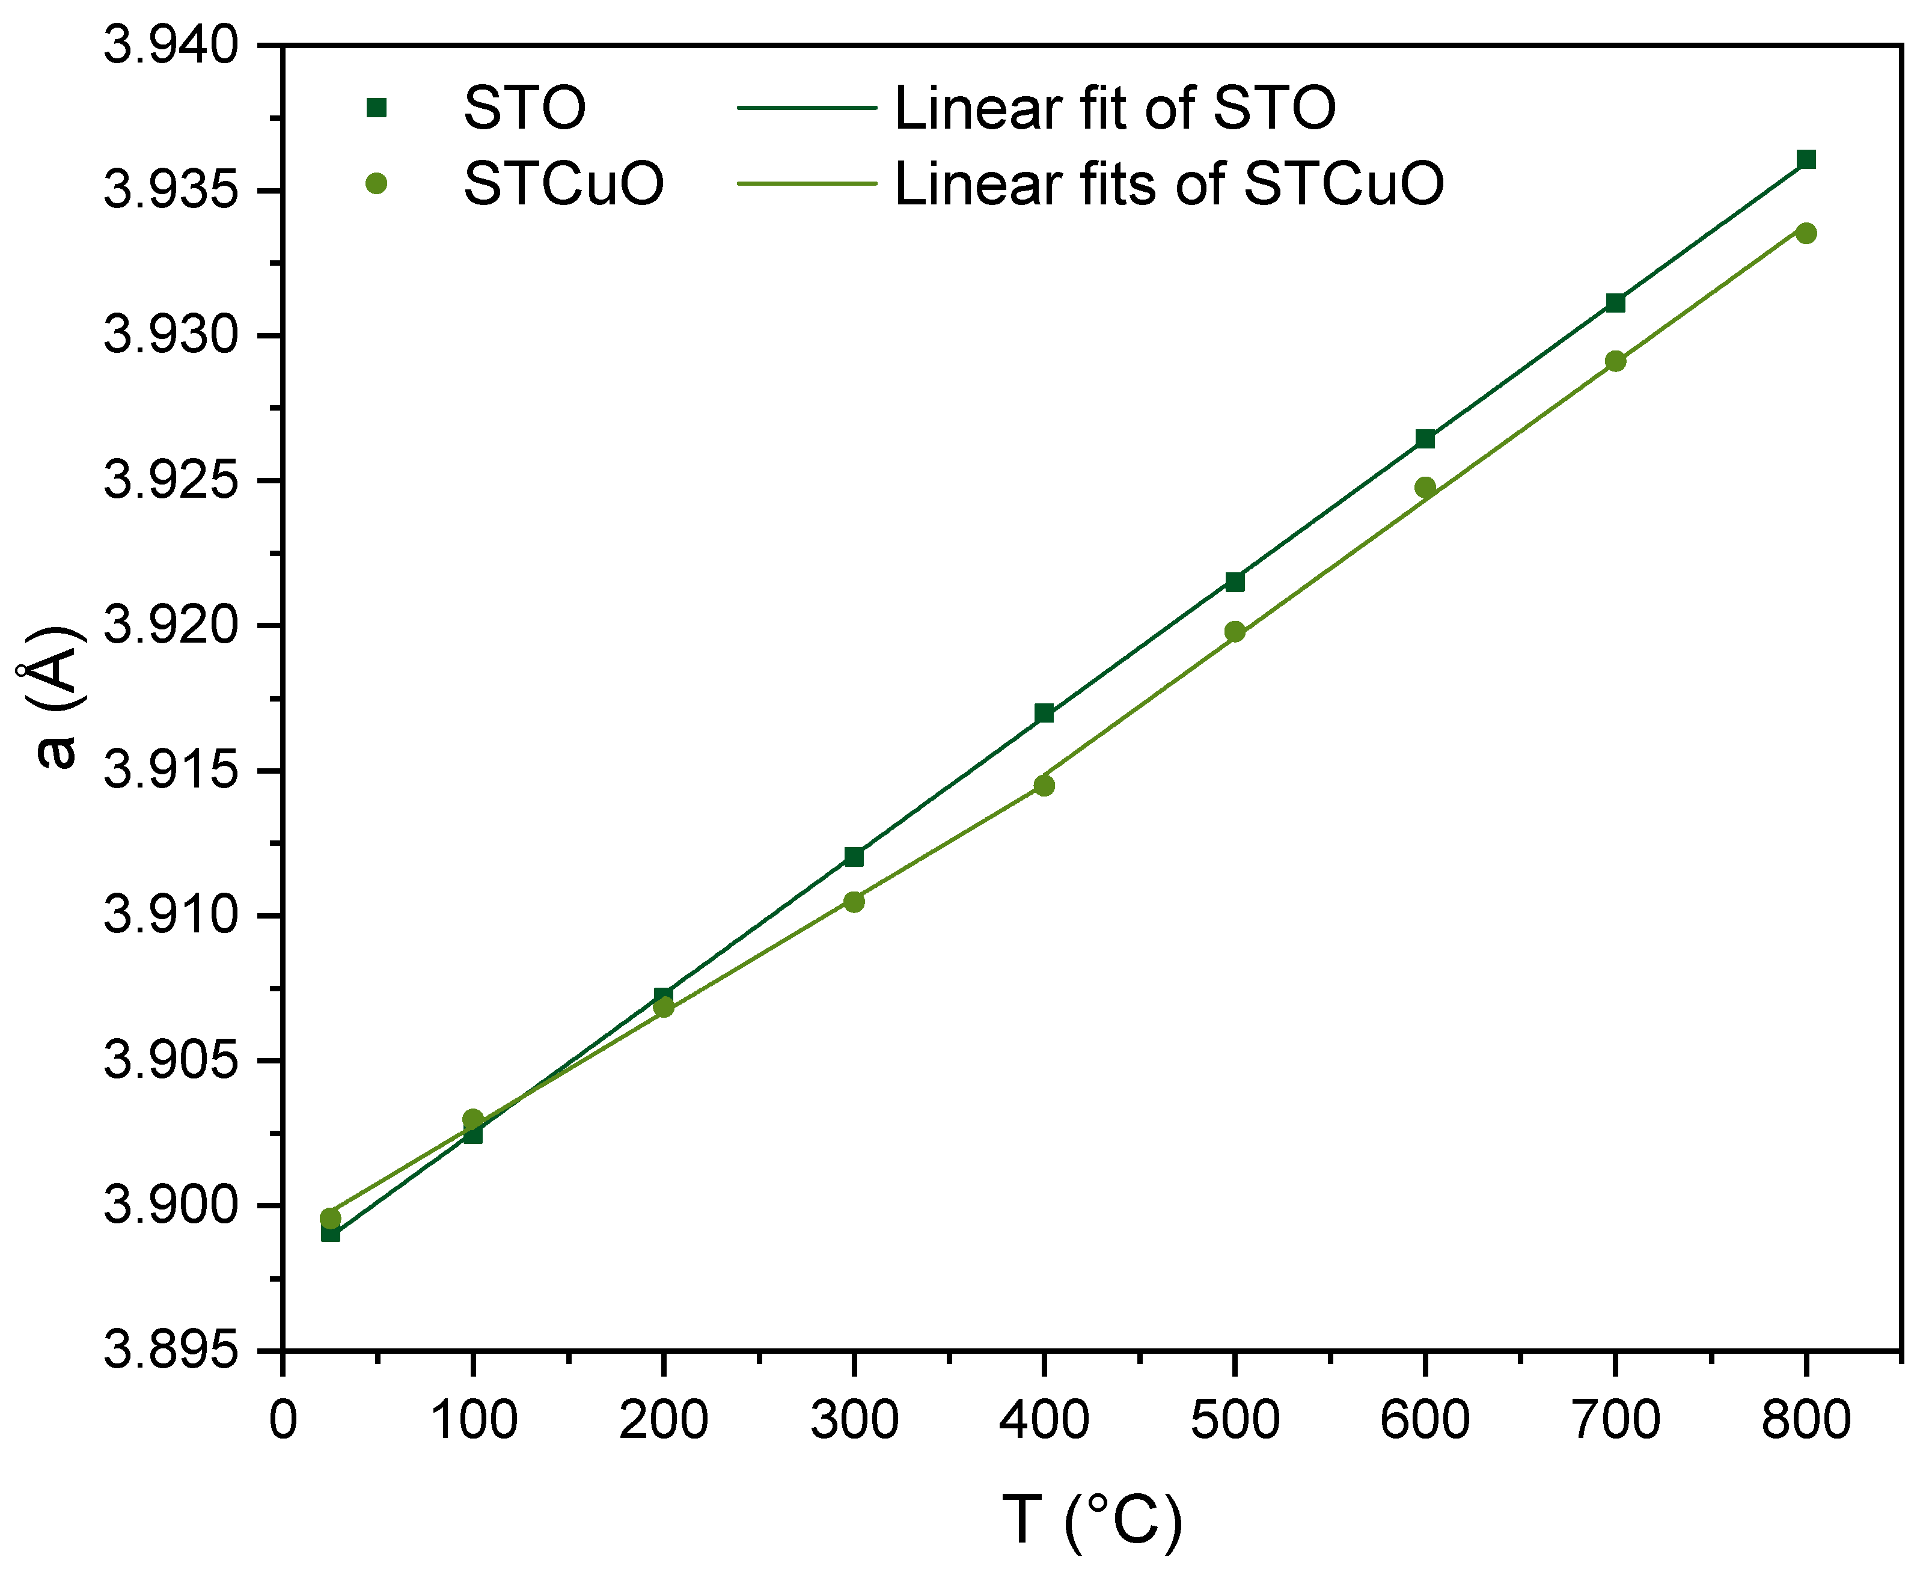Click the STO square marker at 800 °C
pos(1806,159)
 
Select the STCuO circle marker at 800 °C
pos(1806,234)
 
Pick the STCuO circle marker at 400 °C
pos(1044,785)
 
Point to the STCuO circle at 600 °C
pos(1425,487)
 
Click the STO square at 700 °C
pos(1615,302)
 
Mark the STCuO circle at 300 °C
pos(854,901)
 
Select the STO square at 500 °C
pos(1235,581)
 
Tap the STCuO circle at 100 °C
pos(472,1119)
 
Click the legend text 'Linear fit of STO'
pos(1114,108)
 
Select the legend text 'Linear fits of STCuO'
pos(1168,184)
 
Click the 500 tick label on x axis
pos(1235,1418)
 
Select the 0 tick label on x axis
pos(283,1418)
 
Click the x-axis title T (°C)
pos(1092,1518)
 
